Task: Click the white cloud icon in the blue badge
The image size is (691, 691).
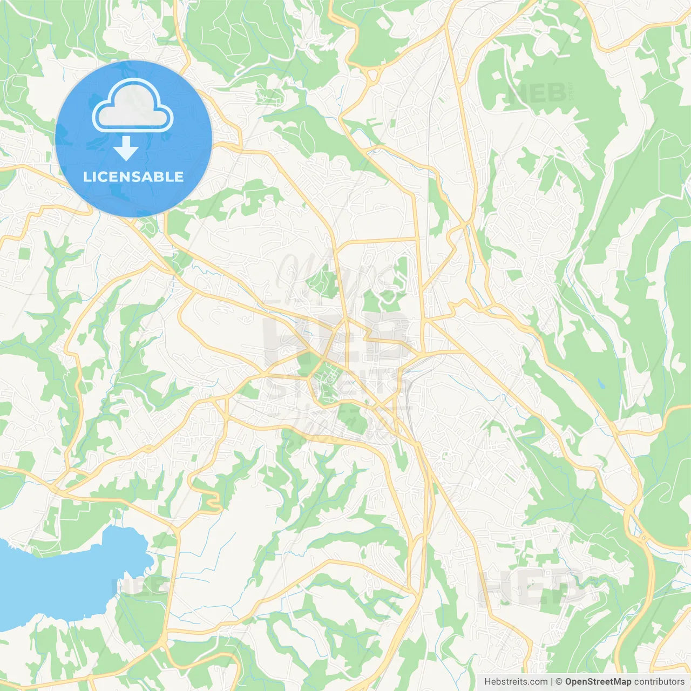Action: [x=133, y=106]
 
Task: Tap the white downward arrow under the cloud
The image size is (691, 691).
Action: [x=126, y=148]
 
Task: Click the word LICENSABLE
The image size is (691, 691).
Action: [x=133, y=177]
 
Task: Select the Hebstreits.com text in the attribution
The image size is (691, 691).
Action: [x=516, y=682]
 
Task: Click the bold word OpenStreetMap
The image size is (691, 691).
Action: [x=598, y=682]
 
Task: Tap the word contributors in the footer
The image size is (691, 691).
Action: [x=659, y=682]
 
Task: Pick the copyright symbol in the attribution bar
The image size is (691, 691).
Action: [x=559, y=682]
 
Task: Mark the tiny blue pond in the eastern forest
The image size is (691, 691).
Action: [x=602, y=384]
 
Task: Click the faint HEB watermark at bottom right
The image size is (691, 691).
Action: [x=532, y=587]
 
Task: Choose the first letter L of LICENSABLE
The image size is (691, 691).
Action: [x=86, y=177]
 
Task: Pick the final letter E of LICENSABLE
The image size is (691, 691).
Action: [x=179, y=177]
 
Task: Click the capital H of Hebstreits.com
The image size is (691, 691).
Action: [x=487, y=682]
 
